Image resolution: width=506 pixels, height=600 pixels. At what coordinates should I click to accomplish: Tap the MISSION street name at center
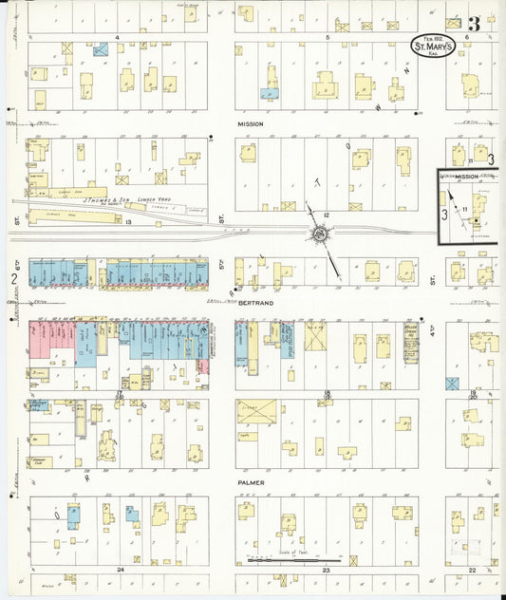pyautogui.click(x=251, y=124)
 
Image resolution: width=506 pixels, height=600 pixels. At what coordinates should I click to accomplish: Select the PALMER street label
pyautogui.click(x=251, y=482)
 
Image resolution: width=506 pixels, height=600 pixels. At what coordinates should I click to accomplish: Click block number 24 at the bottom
pyautogui.click(x=121, y=570)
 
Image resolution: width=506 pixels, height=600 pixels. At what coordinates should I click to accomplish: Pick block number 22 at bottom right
pyautogui.click(x=472, y=570)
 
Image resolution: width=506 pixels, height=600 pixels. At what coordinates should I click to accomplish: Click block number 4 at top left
pyautogui.click(x=117, y=37)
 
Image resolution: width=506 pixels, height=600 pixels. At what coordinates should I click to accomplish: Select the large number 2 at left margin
pyautogui.click(x=14, y=278)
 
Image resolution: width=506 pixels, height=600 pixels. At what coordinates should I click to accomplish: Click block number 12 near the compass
pyautogui.click(x=326, y=216)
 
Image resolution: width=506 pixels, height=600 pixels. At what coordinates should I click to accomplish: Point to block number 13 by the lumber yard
pyautogui.click(x=127, y=220)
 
